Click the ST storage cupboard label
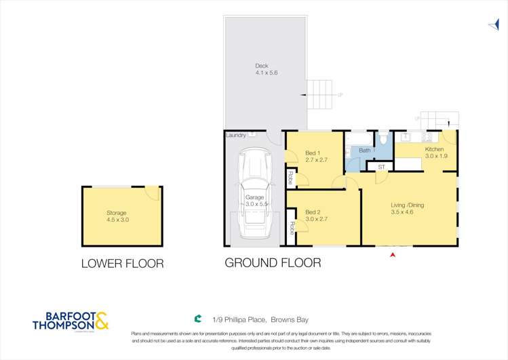(x=381, y=166)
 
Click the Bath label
(x=365, y=150)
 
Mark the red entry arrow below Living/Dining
(x=393, y=254)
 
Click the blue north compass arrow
(x=494, y=26)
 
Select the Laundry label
(x=236, y=136)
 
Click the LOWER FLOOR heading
(x=122, y=264)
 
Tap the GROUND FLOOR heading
(x=273, y=262)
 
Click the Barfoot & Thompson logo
(x=70, y=321)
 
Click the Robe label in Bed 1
(x=290, y=178)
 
